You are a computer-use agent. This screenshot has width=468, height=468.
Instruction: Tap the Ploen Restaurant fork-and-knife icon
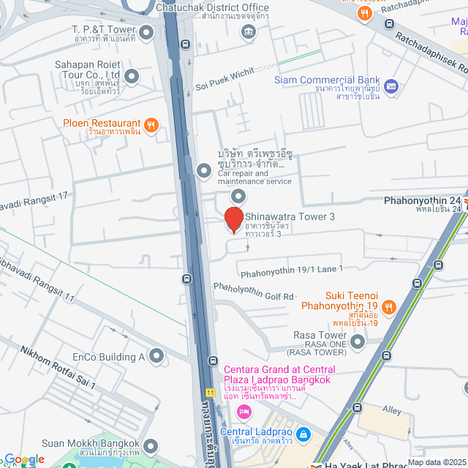151,124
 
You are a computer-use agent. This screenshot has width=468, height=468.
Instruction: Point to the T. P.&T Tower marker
146,31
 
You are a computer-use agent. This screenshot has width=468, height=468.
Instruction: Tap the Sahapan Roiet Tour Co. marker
132,76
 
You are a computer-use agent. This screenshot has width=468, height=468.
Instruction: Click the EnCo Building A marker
156,356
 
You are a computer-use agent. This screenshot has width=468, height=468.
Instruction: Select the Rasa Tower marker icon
358,341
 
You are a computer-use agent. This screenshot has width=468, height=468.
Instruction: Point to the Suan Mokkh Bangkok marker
151,445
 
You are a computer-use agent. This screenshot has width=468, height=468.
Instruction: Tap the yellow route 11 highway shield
210,392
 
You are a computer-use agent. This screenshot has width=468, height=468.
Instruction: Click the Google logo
23,459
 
